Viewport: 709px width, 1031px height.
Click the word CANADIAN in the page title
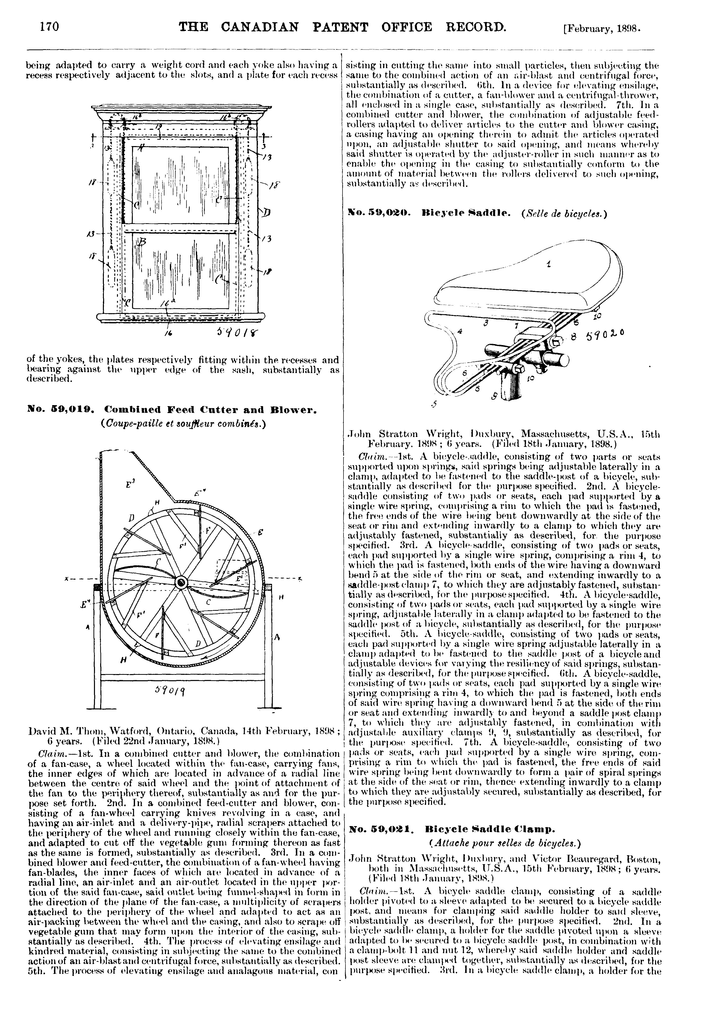[x=260, y=27]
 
